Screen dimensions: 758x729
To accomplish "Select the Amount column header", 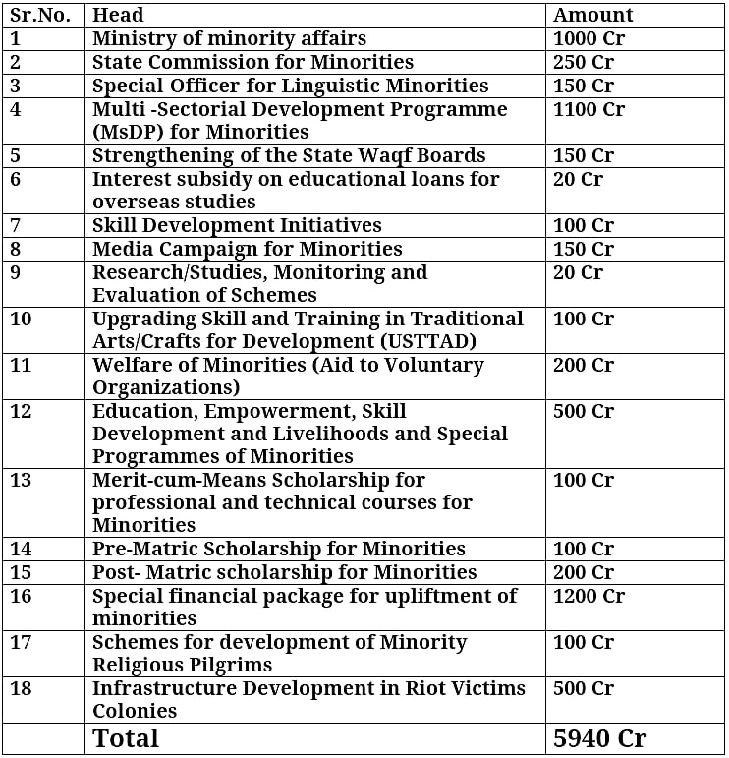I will point(593,15).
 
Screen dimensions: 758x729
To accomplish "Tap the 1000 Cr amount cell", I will point(589,38).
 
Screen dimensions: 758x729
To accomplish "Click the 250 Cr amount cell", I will point(583,62).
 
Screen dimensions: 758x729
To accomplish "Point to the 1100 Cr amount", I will point(589,109).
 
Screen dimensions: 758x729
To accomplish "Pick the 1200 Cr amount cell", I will point(589,596).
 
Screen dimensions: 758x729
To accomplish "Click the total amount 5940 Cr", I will point(599,738).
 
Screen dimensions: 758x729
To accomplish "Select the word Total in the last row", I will point(125,738).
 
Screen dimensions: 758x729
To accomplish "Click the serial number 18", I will point(21,688).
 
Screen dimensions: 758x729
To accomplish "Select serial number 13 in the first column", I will point(21,480).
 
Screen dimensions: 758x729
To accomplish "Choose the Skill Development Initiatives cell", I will point(237,225).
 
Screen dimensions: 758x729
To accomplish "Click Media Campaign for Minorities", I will point(247,249).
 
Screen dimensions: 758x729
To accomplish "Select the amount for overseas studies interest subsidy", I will point(578,179).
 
